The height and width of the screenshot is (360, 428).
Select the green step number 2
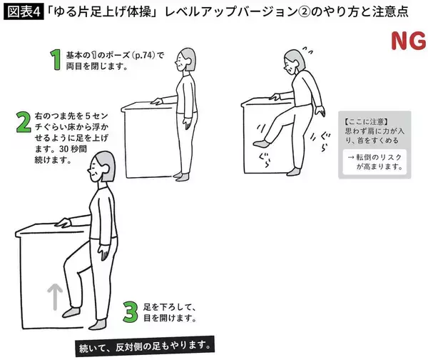coord(22,123)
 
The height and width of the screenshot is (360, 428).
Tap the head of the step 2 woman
coord(99,170)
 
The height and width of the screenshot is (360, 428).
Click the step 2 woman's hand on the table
coord(64,224)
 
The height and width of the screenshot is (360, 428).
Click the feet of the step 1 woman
coord(183,174)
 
